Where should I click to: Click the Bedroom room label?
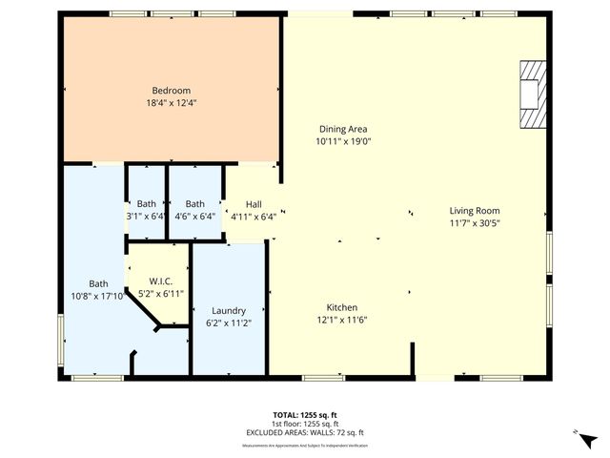pos(173,91)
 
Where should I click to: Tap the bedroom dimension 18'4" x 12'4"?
pos(173,103)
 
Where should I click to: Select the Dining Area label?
pos(342,129)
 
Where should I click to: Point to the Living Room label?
pos(475,211)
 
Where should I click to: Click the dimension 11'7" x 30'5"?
pos(475,223)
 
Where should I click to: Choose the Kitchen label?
pos(342,307)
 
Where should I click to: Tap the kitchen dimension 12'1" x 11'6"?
pos(342,320)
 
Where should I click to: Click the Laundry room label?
pos(229,310)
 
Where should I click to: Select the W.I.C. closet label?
pos(160,281)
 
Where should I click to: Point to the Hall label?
pos(254,204)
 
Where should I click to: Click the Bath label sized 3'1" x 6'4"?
pos(146,203)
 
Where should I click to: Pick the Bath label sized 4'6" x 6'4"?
pos(194,203)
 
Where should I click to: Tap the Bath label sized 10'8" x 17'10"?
pos(99,283)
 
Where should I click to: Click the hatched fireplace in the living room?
pos(534,94)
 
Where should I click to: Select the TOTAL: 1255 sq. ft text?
pos(305,415)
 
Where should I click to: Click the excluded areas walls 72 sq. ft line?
pos(305,432)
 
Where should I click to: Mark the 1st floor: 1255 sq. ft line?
pos(305,424)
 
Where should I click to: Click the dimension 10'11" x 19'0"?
pos(342,141)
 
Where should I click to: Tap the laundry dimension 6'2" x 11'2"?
pos(229,323)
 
